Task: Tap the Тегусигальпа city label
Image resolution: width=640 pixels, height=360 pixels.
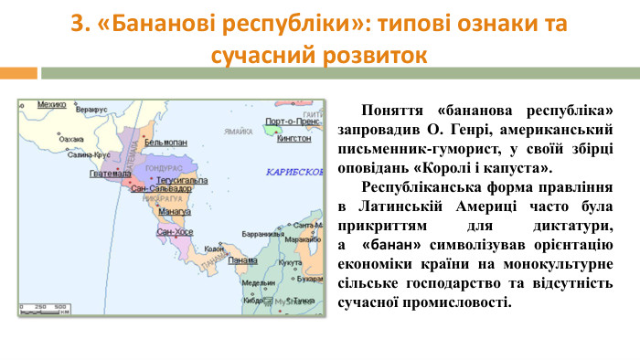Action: [183, 180]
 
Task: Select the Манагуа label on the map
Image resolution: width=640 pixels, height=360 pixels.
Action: [174, 212]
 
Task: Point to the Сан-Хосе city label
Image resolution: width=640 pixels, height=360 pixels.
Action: [175, 232]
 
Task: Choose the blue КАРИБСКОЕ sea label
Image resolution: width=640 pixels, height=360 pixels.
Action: [294, 172]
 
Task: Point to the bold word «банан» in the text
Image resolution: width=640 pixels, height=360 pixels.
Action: [391, 246]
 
